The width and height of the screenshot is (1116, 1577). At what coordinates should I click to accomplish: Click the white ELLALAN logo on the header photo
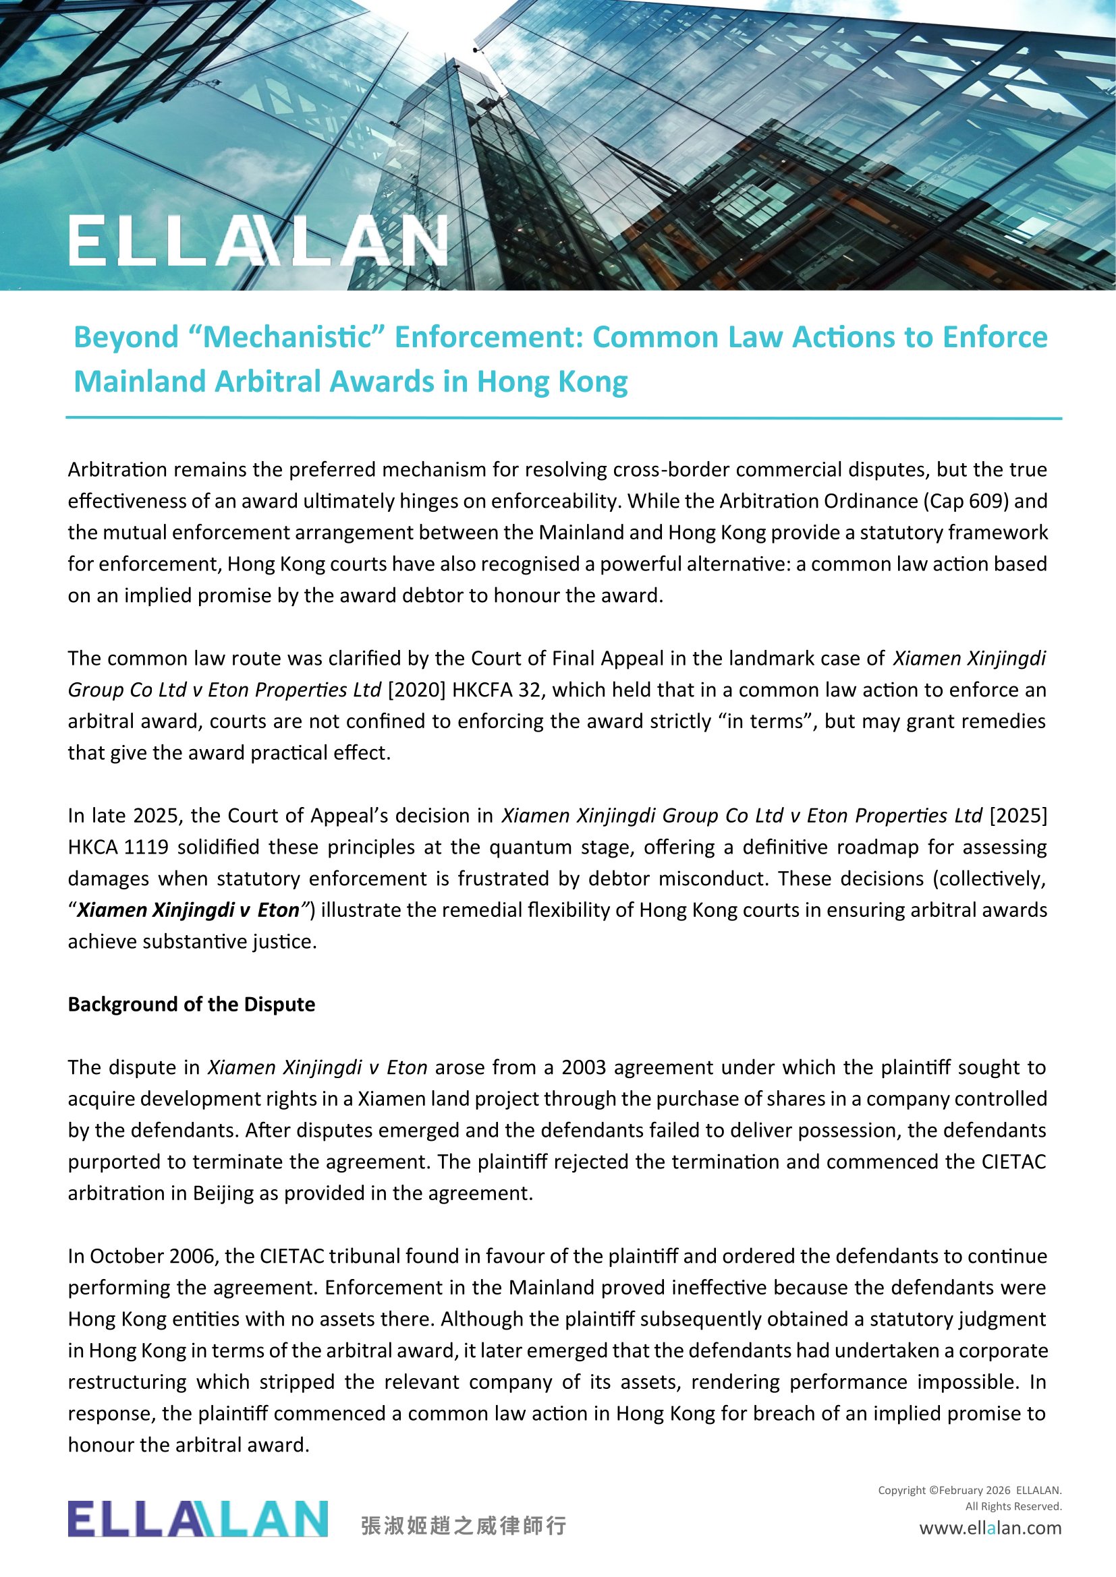[258, 241]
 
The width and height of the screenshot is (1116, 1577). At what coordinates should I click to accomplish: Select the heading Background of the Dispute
[191, 1004]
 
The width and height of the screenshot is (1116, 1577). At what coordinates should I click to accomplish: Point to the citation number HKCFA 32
[497, 690]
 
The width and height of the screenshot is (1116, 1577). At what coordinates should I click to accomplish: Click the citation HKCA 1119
[118, 847]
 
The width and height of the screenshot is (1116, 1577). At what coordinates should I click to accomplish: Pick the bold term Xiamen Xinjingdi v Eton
[188, 910]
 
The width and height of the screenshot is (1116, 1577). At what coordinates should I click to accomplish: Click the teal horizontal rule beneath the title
[563, 417]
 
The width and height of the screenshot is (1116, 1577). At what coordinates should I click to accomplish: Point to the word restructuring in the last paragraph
[127, 1381]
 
